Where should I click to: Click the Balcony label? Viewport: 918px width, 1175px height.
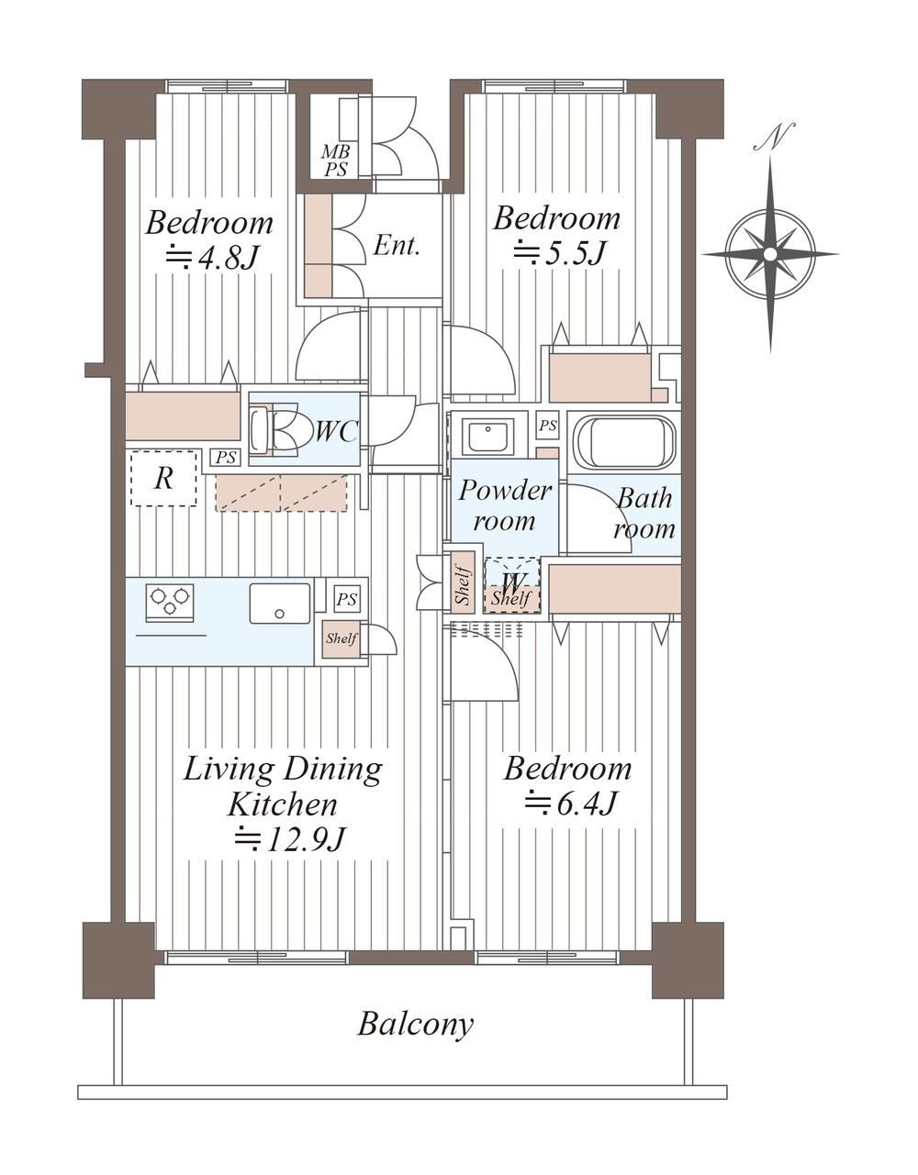(x=415, y=1024)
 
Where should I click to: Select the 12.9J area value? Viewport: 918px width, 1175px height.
(x=289, y=840)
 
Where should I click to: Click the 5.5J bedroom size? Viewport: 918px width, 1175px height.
(x=558, y=252)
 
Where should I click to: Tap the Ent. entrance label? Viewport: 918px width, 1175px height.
(x=397, y=247)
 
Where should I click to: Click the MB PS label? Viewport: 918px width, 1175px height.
(x=335, y=161)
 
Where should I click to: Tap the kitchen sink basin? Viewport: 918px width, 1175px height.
(x=280, y=603)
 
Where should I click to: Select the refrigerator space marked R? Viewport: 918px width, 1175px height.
(x=164, y=479)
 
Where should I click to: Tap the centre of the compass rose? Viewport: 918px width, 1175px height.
(x=770, y=253)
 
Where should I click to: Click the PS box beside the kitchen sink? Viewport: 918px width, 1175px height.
(x=346, y=599)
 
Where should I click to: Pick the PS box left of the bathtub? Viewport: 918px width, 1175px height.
(x=547, y=427)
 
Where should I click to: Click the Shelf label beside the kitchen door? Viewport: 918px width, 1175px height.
(x=341, y=638)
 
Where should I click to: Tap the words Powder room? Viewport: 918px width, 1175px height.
(x=504, y=505)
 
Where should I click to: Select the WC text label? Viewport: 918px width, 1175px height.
(x=337, y=431)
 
